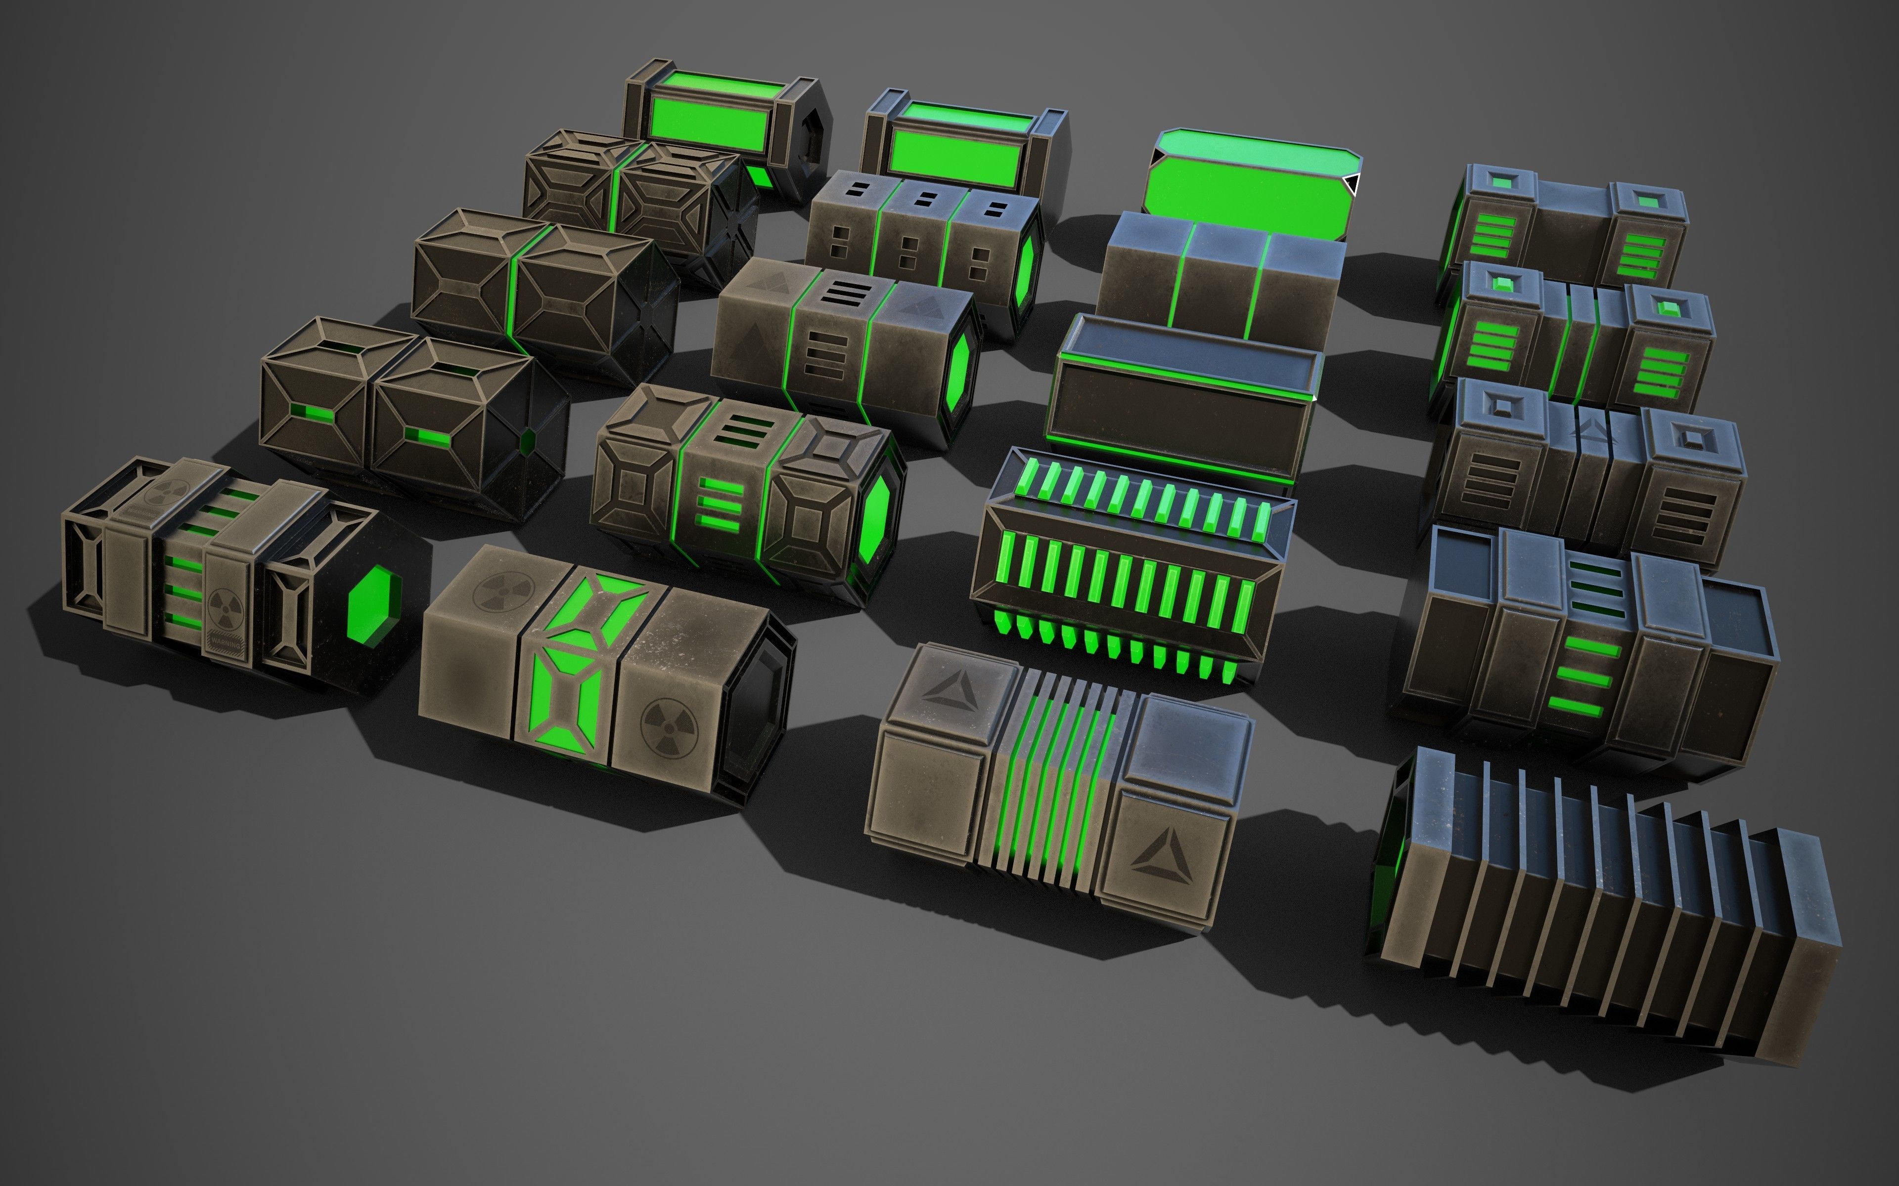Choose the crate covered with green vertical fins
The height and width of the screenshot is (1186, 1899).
[x=1130, y=565]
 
